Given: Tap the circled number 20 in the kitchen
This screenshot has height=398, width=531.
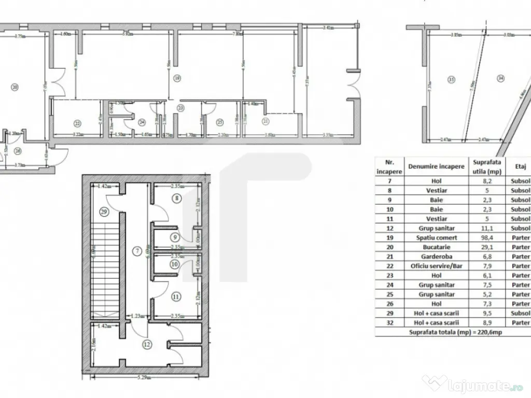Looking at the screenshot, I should point(15,88).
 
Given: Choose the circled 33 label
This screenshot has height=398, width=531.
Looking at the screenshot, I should point(451,79).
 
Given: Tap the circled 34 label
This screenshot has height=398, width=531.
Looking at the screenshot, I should point(500,79).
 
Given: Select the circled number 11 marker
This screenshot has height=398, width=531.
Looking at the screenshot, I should point(177,297).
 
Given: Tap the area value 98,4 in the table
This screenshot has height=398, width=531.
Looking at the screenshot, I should point(486,237).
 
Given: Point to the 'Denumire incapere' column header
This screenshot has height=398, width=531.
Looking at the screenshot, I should point(436,167).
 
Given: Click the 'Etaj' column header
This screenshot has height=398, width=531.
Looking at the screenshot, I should point(521,167).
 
